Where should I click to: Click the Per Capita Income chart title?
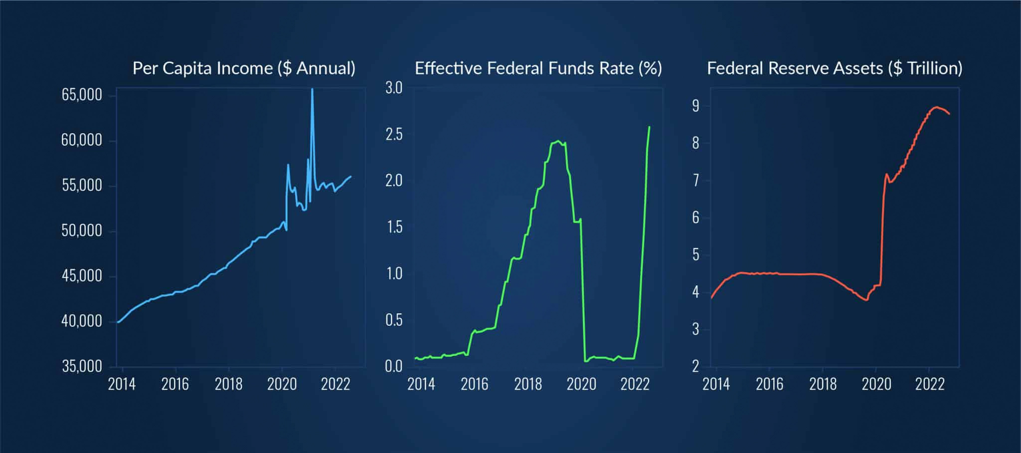[244, 68]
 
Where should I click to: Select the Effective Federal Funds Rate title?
[538, 68]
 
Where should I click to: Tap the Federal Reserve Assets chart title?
[834, 68]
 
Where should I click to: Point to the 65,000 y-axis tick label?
[82, 95]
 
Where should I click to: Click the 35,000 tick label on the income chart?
[82, 366]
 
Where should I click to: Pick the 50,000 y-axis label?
[82, 230]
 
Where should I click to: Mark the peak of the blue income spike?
[312, 89]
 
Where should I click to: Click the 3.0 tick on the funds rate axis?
[393, 88]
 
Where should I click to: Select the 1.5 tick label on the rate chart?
[393, 227]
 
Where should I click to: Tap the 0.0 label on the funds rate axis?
[393, 367]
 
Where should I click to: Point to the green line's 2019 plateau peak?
[558, 141]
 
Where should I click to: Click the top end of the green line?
[649, 127]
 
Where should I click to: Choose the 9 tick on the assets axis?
[695, 106]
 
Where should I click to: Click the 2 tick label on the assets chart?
[695, 367]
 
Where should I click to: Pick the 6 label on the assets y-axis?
[695, 218]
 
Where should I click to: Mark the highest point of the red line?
[937, 107]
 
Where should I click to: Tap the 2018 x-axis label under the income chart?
[228, 384]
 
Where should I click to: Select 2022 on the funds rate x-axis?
[635, 384]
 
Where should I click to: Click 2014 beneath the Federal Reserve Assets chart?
[716, 384]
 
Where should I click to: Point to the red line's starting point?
[711, 298]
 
